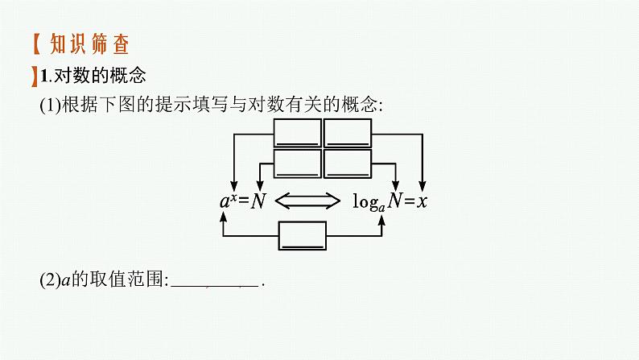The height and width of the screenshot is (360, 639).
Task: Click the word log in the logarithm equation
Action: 366,200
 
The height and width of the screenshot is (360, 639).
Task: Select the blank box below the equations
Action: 303,236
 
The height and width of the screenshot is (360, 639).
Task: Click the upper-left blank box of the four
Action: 296,132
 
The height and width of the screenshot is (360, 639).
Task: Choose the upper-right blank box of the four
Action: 347,132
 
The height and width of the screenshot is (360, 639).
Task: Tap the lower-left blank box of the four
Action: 296,163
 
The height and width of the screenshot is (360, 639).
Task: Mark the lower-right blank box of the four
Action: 347,163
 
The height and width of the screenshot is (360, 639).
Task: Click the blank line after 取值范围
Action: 215,282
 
